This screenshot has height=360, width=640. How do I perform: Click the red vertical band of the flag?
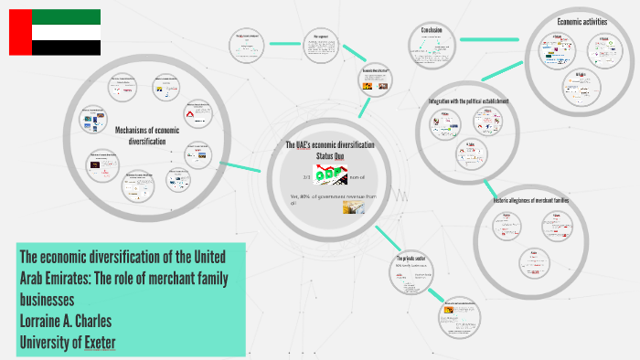pyautogui.click(x=20, y=32)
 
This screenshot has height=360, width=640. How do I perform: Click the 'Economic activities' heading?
pyautogui.click(x=581, y=21)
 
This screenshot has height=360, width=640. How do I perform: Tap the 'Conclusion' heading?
pyautogui.click(x=432, y=30)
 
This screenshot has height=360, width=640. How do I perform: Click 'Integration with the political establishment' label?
pyautogui.click(x=469, y=100)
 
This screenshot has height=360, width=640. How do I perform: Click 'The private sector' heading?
pyautogui.click(x=412, y=259)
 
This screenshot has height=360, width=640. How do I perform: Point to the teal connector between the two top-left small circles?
pyautogui.click(x=283, y=43)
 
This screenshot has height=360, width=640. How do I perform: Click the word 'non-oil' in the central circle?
pyautogui.click(x=357, y=176)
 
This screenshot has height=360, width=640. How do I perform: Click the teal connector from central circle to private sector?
pyautogui.click(x=384, y=240)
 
